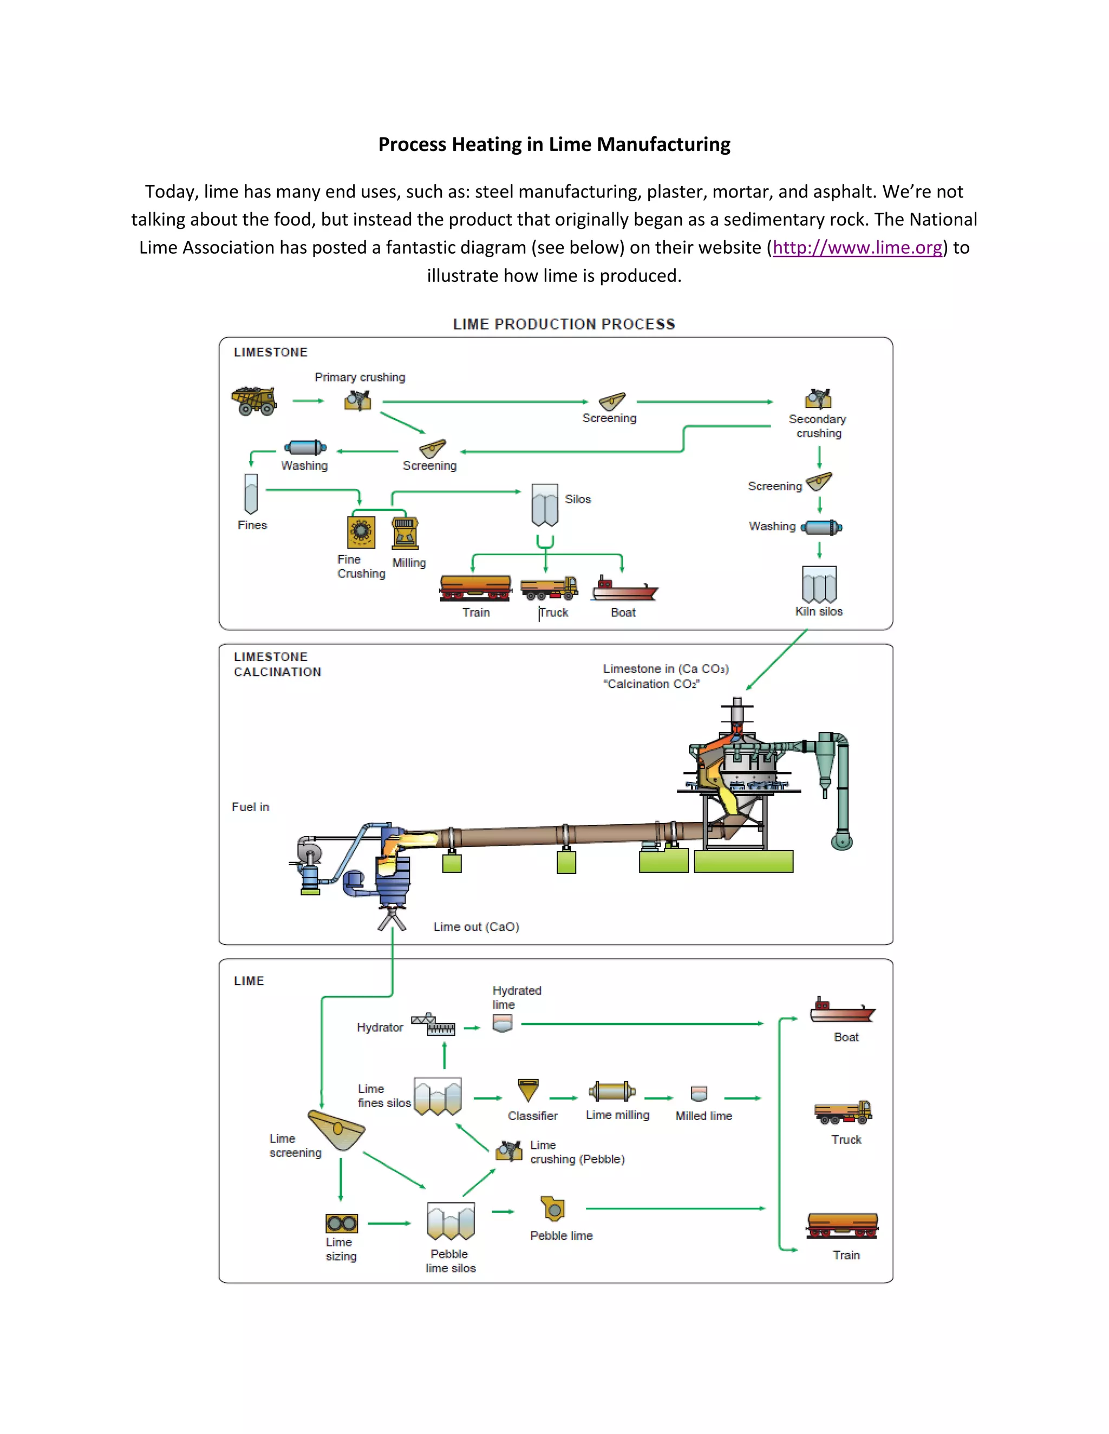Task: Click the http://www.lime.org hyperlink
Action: pyautogui.click(x=857, y=247)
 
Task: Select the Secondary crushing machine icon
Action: pyautogui.click(x=818, y=399)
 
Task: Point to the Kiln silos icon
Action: pyautogui.click(x=819, y=584)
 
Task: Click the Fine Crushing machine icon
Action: pyautogui.click(x=361, y=532)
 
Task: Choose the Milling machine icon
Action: pyautogui.click(x=405, y=532)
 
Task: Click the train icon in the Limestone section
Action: pyautogui.click(x=475, y=588)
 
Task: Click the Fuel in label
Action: pyautogui.click(x=250, y=807)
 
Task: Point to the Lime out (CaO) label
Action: pyautogui.click(x=475, y=926)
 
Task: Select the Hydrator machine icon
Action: pyautogui.click(x=433, y=1025)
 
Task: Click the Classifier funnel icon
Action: pyautogui.click(x=528, y=1090)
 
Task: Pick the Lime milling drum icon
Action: pyautogui.click(x=612, y=1091)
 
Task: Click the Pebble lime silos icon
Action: pyautogui.click(x=451, y=1221)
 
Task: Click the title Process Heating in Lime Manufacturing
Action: pyautogui.click(x=554, y=144)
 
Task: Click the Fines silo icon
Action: pyautogui.click(x=251, y=494)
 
